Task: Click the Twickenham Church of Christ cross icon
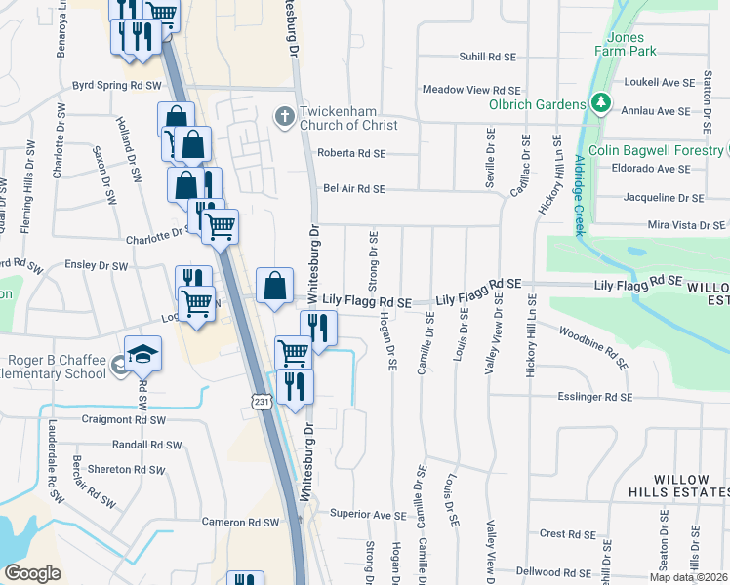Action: coord(285,117)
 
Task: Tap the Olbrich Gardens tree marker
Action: coord(601,103)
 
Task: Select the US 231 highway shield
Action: coord(261,401)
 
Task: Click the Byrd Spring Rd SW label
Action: coord(116,86)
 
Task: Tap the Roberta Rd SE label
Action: coord(351,153)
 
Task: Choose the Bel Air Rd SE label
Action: coord(354,189)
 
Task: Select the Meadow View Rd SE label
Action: coord(471,90)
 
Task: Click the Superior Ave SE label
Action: coord(368,514)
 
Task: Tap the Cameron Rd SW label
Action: coord(240,523)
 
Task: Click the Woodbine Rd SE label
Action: coord(591,346)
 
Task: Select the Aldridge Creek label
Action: coord(579,195)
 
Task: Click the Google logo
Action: coord(32,573)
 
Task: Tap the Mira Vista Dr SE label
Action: coord(689,225)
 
